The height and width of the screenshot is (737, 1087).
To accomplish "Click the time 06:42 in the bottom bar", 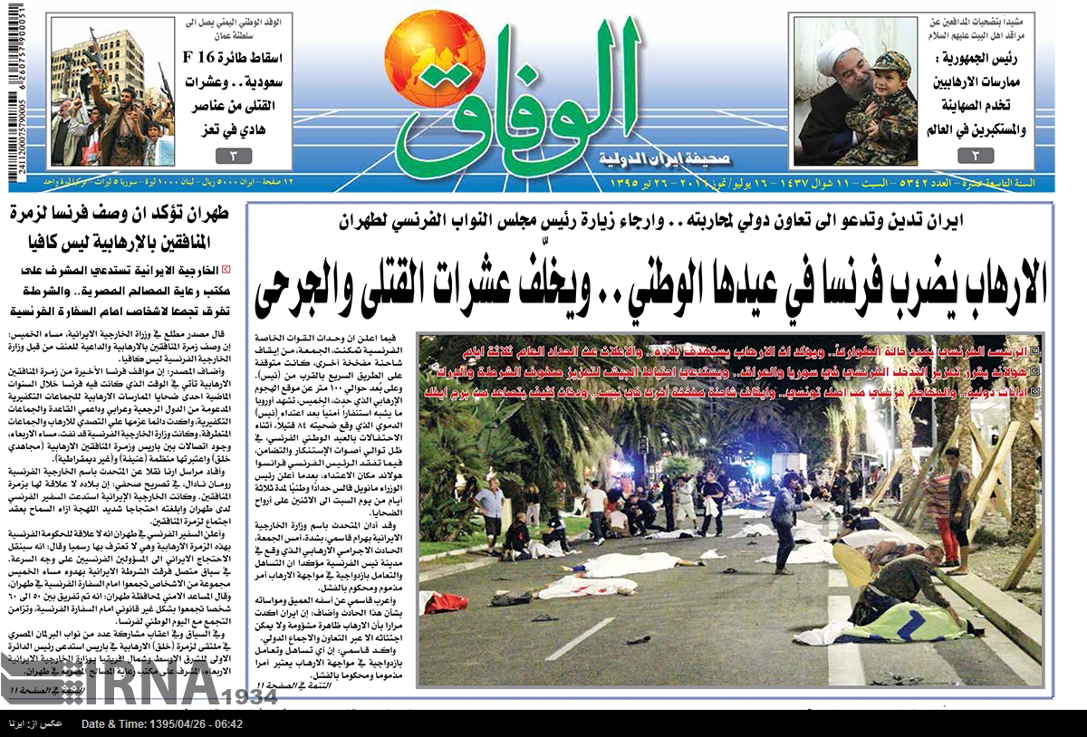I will (x=226, y=724).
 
